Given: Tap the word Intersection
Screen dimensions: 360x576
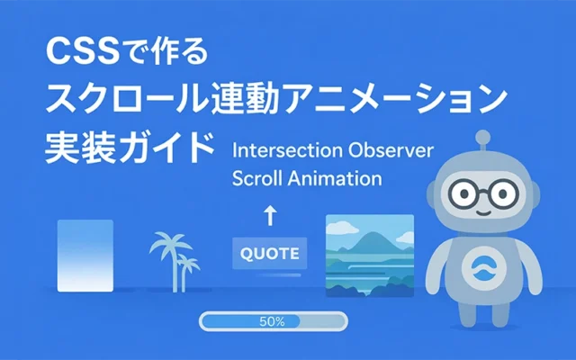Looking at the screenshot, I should pyautogui.click(x=277, y=148).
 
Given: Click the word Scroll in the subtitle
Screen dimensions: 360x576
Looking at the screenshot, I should pyautogui.click(x=256, y=177).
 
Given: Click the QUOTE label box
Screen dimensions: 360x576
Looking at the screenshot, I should pyautogui.click(x=270, y=253).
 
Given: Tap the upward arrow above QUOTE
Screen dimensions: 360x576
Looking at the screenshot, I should pyautogui.click(x=270, y=215).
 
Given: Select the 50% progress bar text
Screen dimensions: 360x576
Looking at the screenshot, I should pyautogui.click(x=272, y=321).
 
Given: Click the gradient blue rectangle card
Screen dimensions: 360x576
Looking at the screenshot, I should pyautogui.click(x=85, y=255).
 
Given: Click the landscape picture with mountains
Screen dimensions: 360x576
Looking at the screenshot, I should pyautogui.click(x=368, y=254).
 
